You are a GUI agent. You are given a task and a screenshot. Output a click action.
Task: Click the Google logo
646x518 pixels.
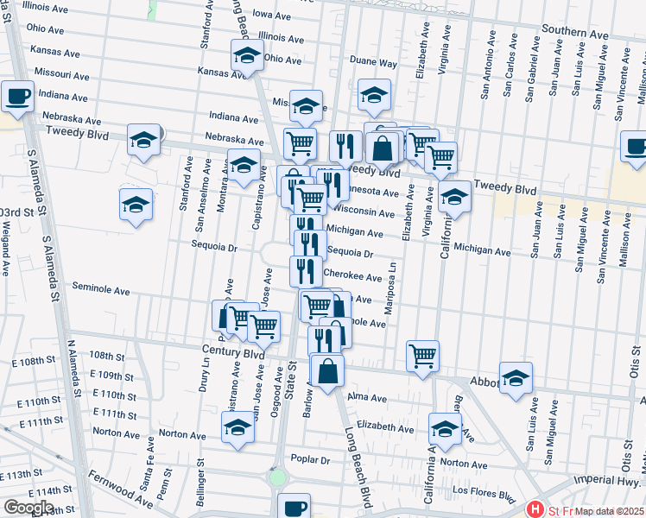(x=28, y=509)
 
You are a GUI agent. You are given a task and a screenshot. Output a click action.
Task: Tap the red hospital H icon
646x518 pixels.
(x=536, y=511)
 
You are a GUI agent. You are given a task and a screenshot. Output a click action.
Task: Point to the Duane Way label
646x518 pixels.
(x=373, y=62)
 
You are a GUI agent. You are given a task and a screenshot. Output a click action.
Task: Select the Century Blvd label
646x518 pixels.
(x=234, y=353)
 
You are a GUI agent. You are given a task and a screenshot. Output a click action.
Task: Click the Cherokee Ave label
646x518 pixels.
(x=352, y=277)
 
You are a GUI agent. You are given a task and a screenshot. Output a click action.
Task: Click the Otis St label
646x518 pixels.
(x=634, y=382)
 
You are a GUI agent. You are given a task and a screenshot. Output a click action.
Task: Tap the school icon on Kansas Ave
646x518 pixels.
(x=247, y=56)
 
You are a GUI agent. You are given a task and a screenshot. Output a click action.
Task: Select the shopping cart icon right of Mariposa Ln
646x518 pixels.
(x=422, y=355)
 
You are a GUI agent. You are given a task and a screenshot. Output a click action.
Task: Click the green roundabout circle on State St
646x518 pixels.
(x=277, y=477)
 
